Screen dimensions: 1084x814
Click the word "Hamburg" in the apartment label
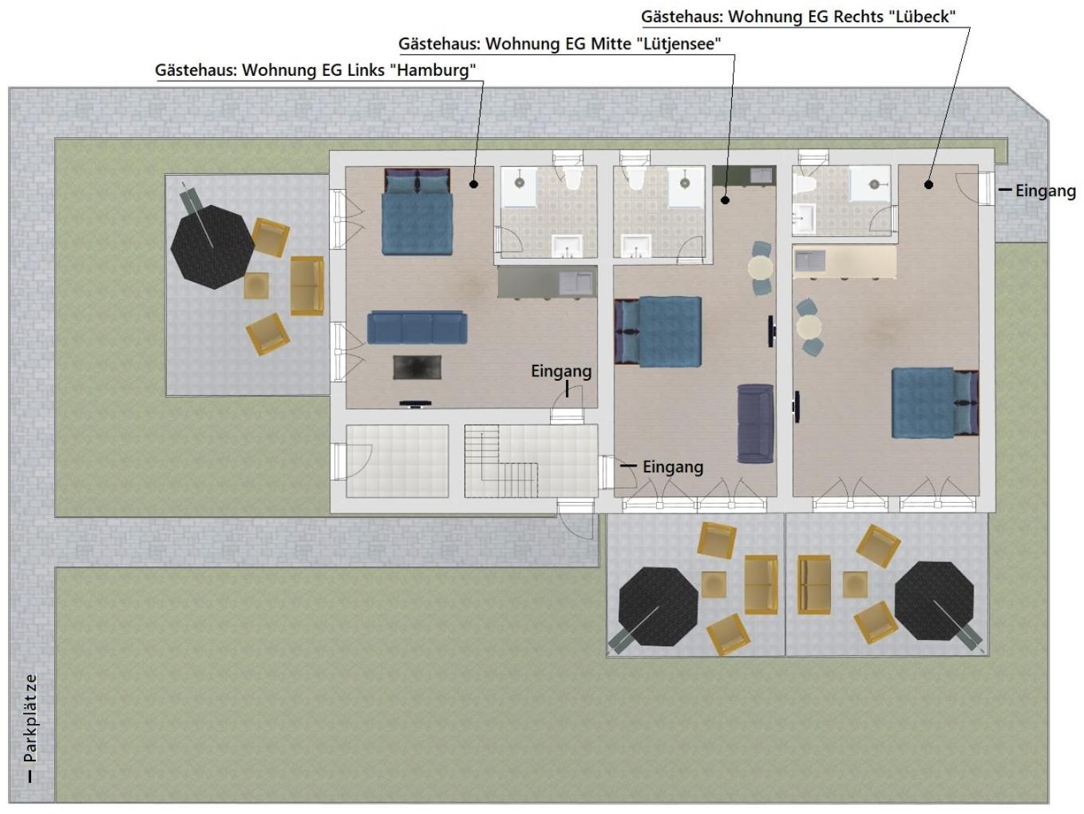(x=433, y=70)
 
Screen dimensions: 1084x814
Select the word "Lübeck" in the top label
(x=921, y=17)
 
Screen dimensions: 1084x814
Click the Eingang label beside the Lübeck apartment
(x=1045, y=191)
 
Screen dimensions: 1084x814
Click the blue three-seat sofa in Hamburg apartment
(x=417, y=327)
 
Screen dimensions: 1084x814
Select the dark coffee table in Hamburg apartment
(x=417, y=367)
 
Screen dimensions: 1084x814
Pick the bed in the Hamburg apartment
(x=417, y=211)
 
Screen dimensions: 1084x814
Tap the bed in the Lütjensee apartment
(x=659, y=331)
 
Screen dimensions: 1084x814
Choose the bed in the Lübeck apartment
(x=935, y=402)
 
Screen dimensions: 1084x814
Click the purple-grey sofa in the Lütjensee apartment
(x=755, y=424)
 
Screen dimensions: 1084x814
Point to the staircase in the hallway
(x=501, y=461)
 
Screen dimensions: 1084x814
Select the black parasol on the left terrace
(x=212, y=247)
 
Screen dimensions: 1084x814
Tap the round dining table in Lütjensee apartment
(x=761, y=268)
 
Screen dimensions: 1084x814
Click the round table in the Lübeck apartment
(x=809, y=326)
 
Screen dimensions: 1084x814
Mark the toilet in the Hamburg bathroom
(x=573, y=178)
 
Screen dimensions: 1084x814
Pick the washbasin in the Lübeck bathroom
(x=804, y=218)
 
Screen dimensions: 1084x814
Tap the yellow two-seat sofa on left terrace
(x=307, y=286)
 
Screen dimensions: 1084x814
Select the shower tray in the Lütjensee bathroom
(x=686, y=187)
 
